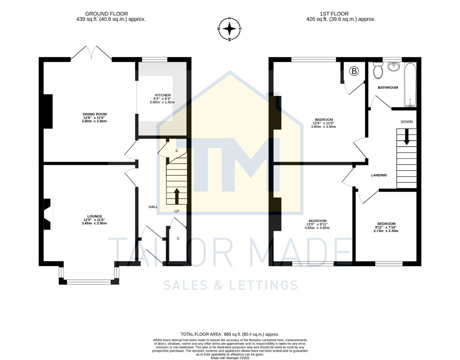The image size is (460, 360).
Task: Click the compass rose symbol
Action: (x=230, y=29)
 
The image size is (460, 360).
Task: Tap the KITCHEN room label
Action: (x=162, y=95)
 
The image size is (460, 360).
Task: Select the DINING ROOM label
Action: (x=95, y=114)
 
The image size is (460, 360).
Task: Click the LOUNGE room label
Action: (x=95, y=216)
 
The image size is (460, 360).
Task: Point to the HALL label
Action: (x=153, y=207)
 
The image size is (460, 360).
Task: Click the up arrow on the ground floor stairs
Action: (x=177, y=196)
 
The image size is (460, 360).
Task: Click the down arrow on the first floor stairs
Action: (x=406, y=137)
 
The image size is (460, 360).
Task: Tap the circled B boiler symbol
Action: (x=354, y=71)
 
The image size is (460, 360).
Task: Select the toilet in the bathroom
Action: (x=378, y=70)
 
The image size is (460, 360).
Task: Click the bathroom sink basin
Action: (x=394, y=66)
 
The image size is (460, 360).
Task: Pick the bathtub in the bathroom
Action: (x=410, y=85)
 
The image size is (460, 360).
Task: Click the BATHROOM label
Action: (x=388, y=88)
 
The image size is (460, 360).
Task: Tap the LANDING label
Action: (x=379, y=175)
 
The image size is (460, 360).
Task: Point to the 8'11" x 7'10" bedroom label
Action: (x=386, y=224)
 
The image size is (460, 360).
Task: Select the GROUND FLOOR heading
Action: (x=107, y=14)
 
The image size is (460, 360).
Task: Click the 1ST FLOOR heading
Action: (x=334, y=14)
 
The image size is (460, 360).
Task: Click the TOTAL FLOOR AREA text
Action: (x=230, y=334)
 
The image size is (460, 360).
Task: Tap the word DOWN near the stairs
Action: (x=406, y=122)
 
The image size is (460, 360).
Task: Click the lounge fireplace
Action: (x=47, y=214)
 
